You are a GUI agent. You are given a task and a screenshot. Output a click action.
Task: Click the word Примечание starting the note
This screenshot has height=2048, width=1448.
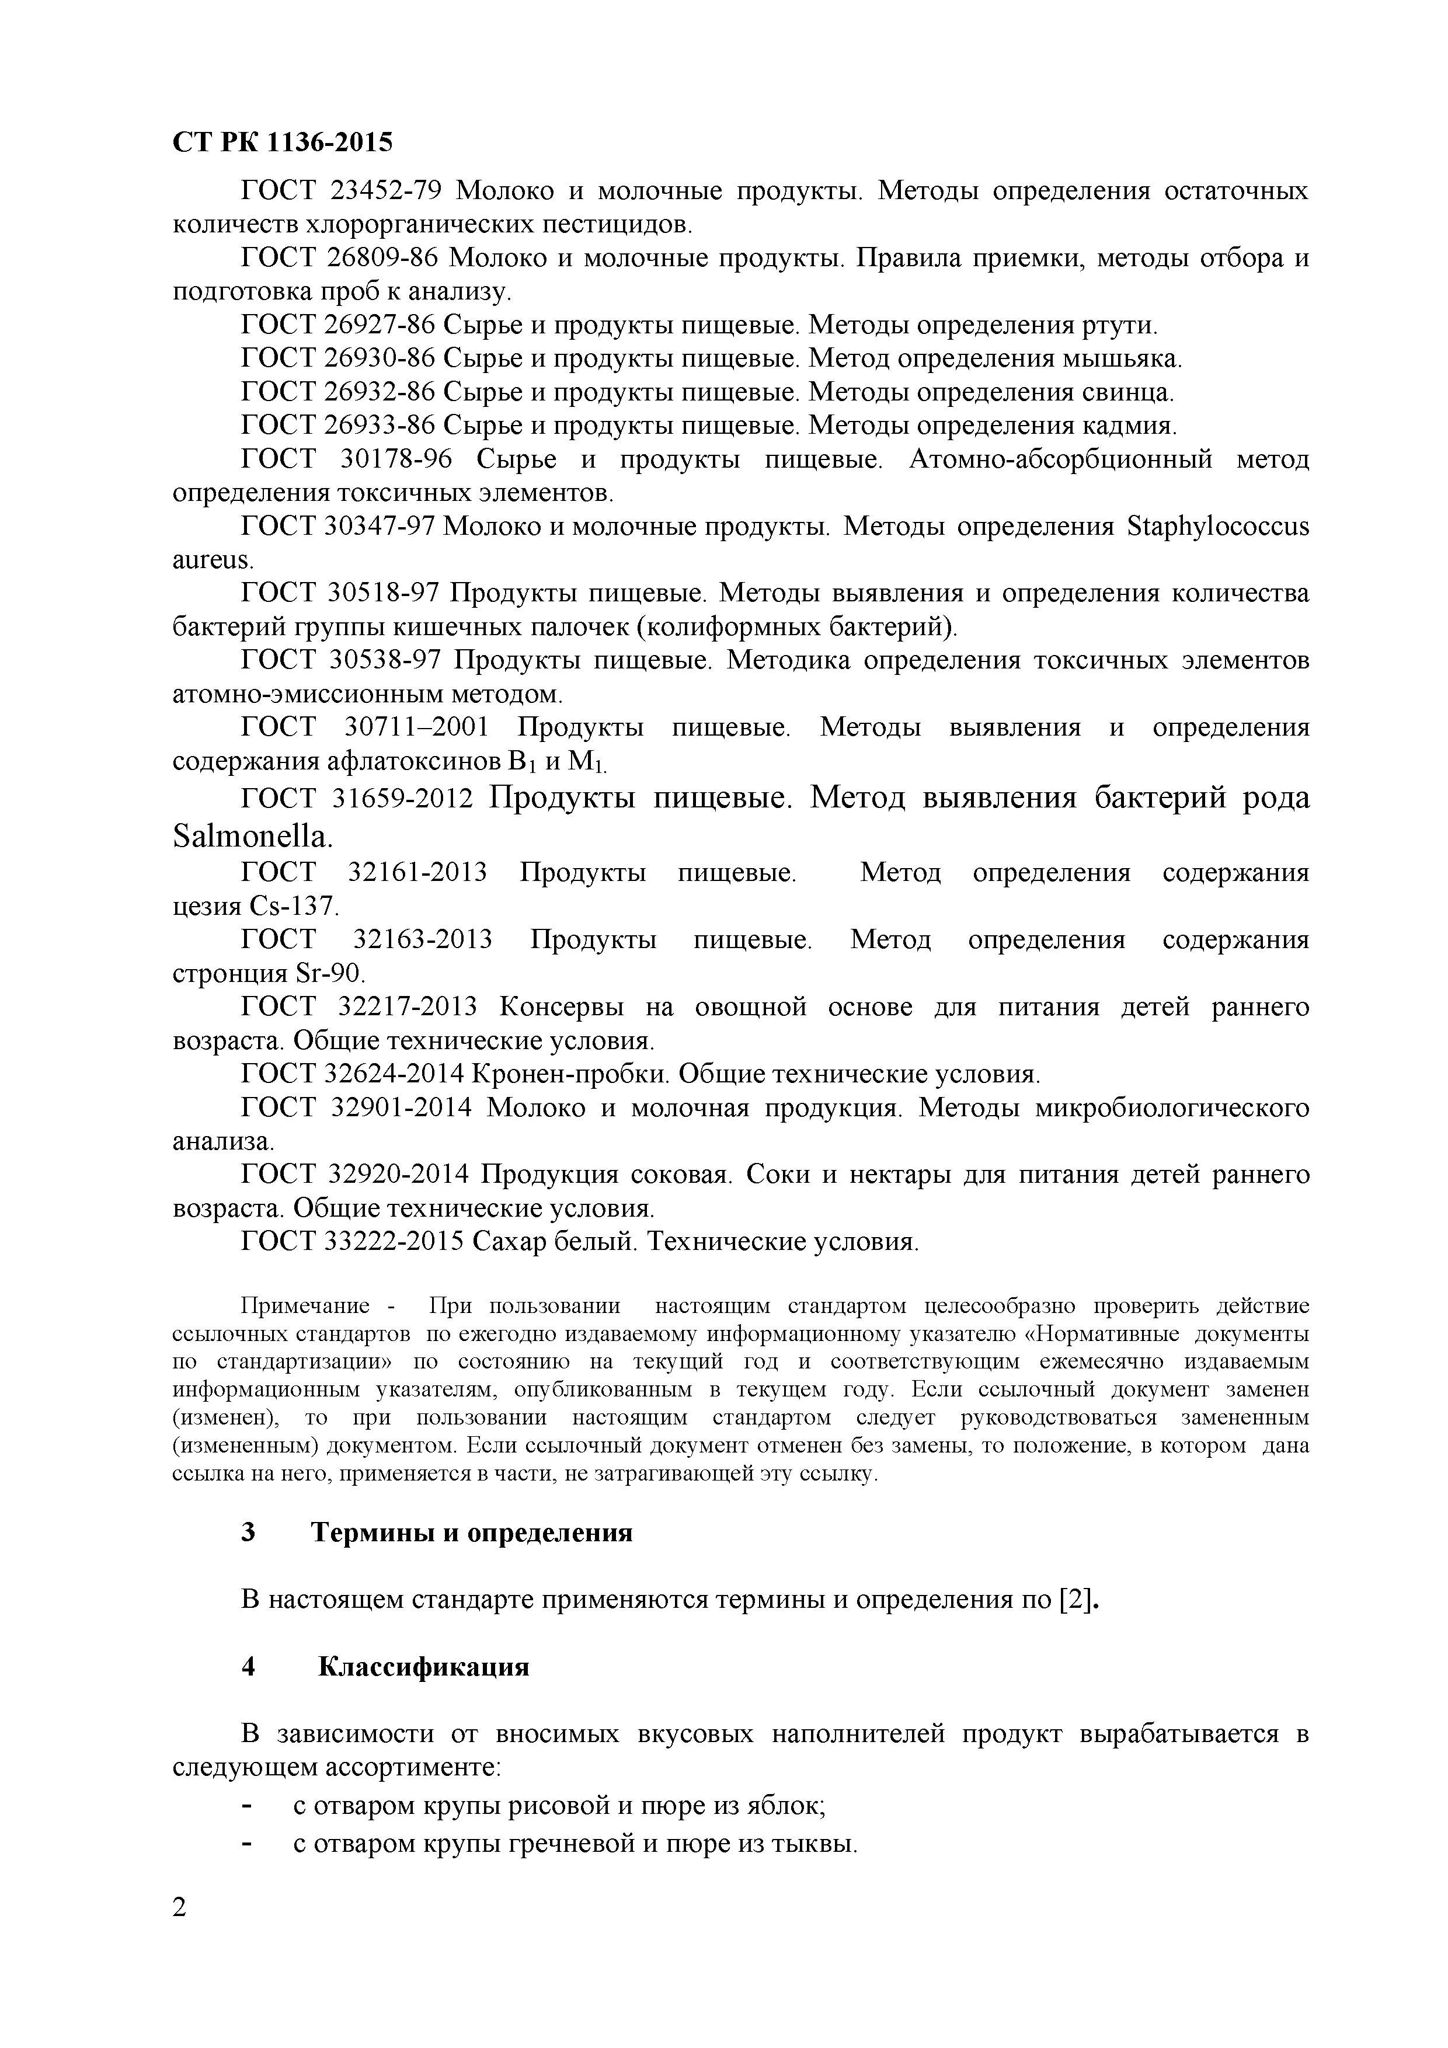click(305, 1307)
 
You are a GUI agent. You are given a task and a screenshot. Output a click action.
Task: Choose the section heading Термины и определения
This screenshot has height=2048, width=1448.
click(471, 1532)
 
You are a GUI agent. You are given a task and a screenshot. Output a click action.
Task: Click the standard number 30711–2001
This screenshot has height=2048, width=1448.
click(417, 728)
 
